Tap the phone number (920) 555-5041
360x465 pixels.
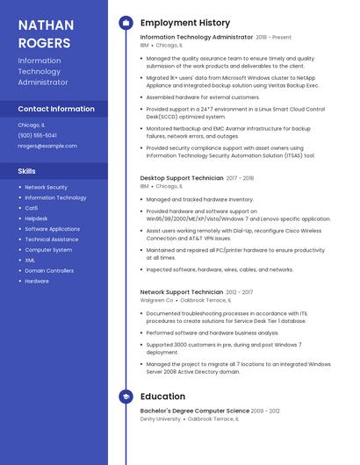click(x=37, y=135)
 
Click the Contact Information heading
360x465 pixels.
click(x=56, y=109)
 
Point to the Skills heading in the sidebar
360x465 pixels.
click(x=27, y=170)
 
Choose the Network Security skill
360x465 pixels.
click(x=46, y=187)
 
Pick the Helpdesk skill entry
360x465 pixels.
click(x=36, y=218)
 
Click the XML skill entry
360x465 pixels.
click(x=30, y=260)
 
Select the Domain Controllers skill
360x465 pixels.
click(x=49, y=270)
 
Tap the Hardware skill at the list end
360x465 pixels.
click(x=37, y=281)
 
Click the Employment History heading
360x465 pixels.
click(x=185, y=23)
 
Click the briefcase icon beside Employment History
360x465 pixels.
click(x=126, y=23)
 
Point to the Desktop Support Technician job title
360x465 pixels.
click(x=182, y=178)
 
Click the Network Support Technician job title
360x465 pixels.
click(x=182, y=291)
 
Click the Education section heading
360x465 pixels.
click(x=162, y=397)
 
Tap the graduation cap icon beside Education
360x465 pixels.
click(x=126, y=397)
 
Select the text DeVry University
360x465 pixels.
click(x=160, y=419)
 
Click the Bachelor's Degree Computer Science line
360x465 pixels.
click(x=194, y=411)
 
